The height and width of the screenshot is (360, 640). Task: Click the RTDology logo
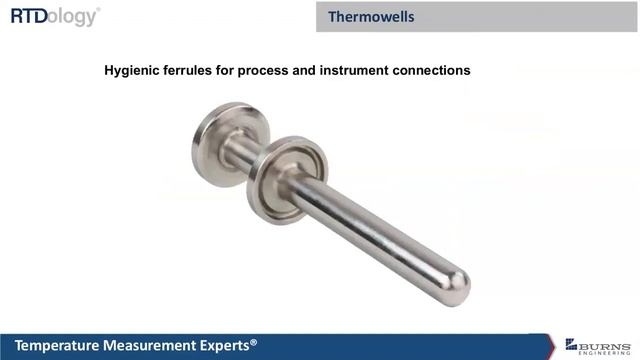tap(54, 16)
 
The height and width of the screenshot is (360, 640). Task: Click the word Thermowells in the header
tap(371, 17)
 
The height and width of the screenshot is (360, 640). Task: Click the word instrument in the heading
tap(358, 71)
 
